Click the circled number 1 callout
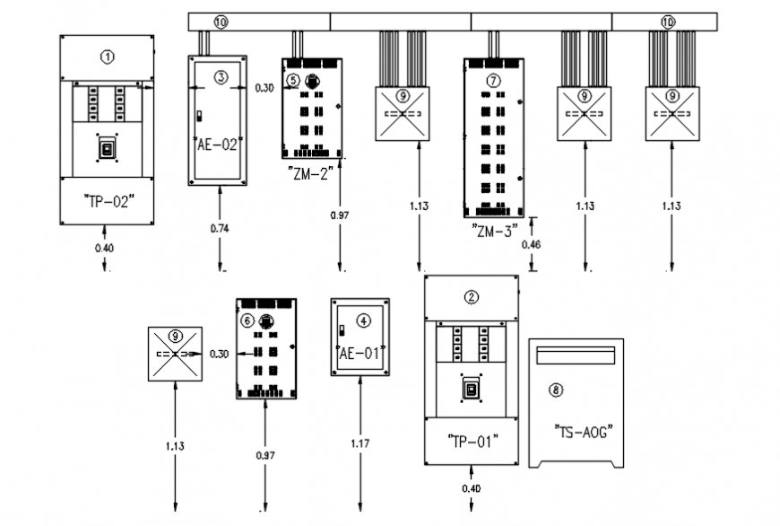click(x=108, y=57)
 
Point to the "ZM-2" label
click(x=311, y=174)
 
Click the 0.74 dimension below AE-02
click(x=219, y=228)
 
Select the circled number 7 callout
click(x=493, y=80)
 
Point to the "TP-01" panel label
click(x=472, y=441)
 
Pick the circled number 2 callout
click(x=472, y=297)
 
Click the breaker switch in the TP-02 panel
click(x=108, y=149)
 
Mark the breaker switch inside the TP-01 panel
click(x=472, y=390)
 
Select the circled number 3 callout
click(x=221, y=78)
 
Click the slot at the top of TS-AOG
click(x=575, y=357)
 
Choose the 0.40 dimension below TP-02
click(x=106, y=247)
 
